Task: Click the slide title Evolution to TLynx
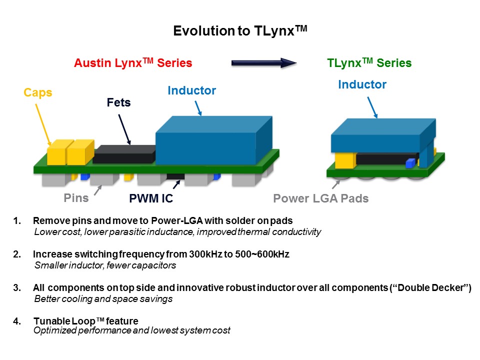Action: point(239,31)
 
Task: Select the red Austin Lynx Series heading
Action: point(133,63)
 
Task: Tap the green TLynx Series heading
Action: point(369,63)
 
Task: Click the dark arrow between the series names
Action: point(264,63)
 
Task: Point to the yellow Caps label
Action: point(38,92)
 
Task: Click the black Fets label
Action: point(118,103)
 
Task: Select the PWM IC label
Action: point(151,198)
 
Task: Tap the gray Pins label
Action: point(76,197)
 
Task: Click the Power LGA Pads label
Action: point(320,198)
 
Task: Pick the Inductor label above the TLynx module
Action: point(362,84)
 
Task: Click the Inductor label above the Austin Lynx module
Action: point(191,90)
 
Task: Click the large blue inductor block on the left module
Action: point(210,142)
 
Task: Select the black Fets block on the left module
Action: point(123,154)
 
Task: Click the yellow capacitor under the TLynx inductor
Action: point(344,160)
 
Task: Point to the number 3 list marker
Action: point(17,289)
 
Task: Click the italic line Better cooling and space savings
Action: point(103,299)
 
